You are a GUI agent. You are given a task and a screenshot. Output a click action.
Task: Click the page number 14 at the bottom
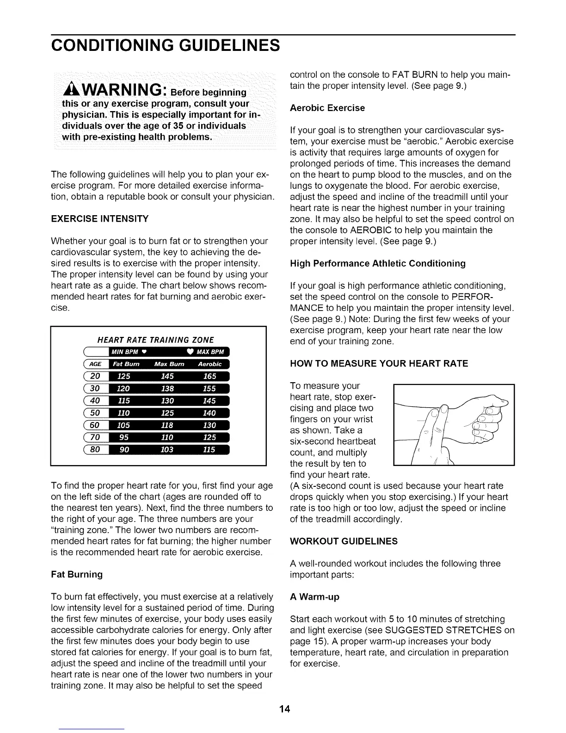click(283, 709)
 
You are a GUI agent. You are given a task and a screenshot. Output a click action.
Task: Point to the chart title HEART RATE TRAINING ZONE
click(156, 339)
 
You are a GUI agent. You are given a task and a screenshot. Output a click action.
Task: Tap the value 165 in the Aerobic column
click(210, 376)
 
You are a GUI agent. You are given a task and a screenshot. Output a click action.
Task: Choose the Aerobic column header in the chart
click(210, 364)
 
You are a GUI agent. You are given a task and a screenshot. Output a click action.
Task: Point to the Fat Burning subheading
click(77, 574)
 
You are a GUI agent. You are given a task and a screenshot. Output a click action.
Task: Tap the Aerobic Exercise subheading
click(327, 108)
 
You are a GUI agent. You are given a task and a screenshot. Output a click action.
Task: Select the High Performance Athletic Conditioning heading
click(377, 263)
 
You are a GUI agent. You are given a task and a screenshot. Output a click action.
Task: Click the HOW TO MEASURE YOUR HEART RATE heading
click(379, 363)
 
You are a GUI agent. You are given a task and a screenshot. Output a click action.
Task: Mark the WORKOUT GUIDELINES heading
click(344, 541)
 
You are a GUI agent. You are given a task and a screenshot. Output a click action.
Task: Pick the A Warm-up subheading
click(314, 597)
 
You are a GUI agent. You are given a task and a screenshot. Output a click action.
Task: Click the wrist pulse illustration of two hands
click(453, 424)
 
